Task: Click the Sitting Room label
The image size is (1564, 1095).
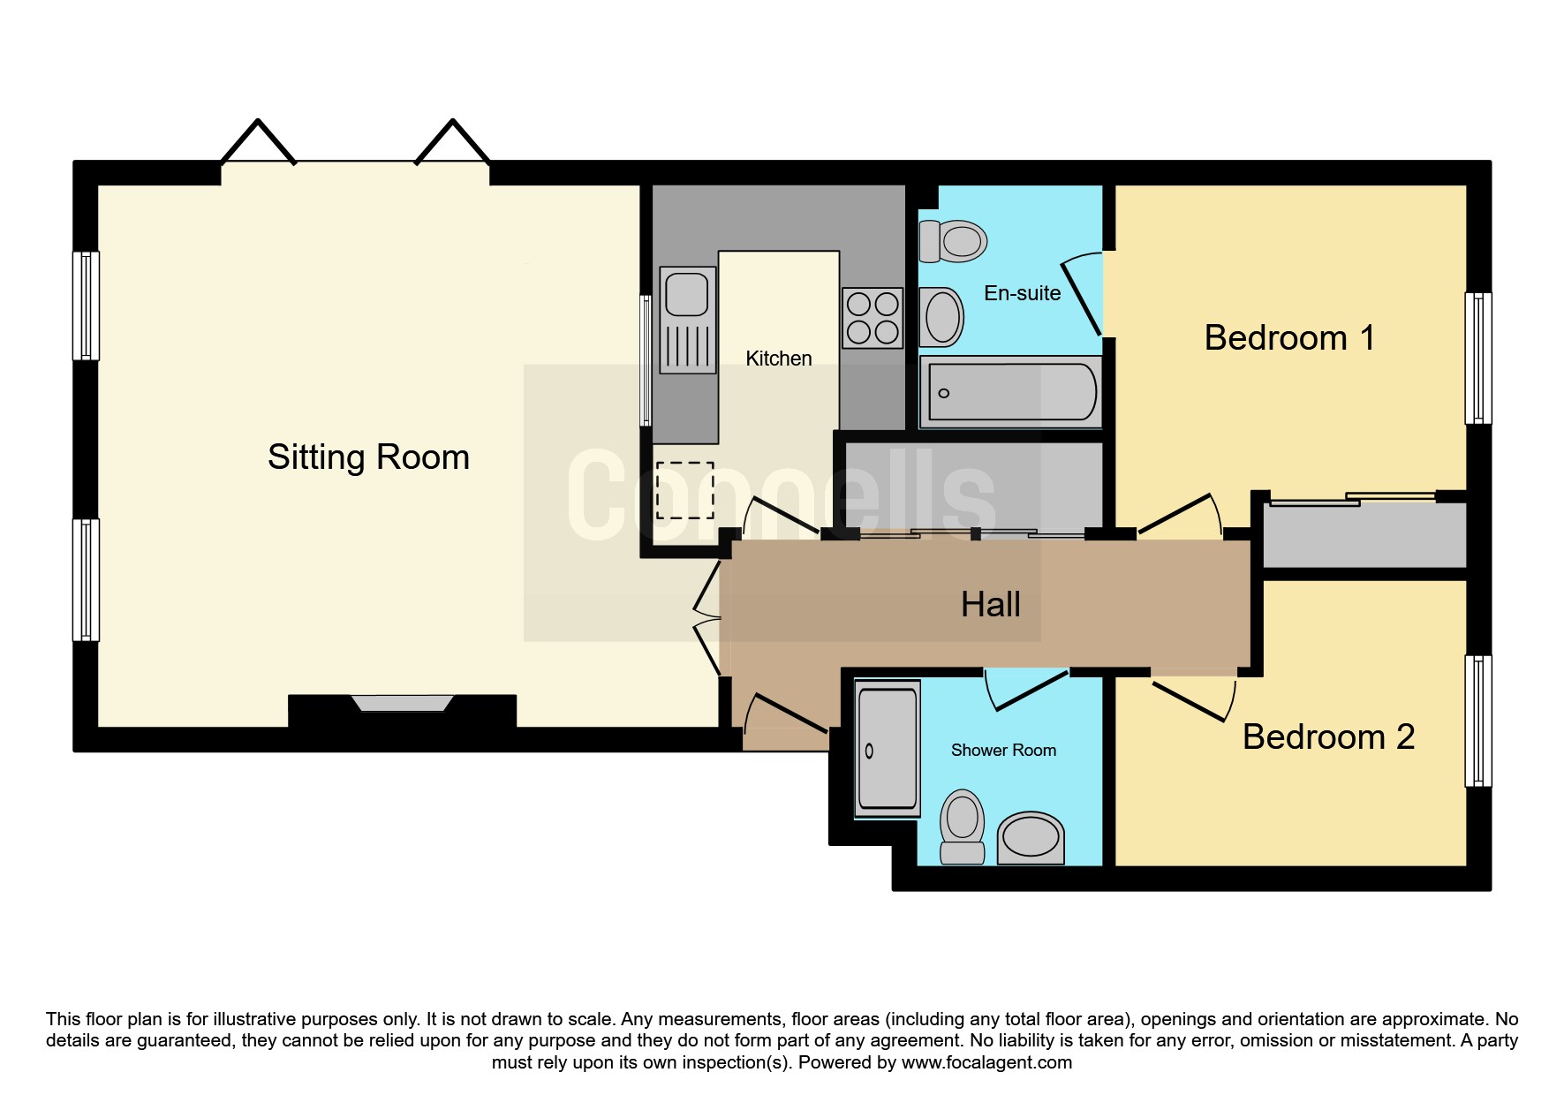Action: [x=368, y=457]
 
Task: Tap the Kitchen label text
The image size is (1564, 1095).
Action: [x=778, y=359]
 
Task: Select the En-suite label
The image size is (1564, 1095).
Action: [x=1022, y=293]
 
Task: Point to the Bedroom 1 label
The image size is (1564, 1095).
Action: [x=1289, y=337]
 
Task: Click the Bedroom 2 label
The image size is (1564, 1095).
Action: [x=1328, y=736]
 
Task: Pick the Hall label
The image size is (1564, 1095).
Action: [x=990, y=605]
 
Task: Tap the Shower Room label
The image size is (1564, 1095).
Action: [x=1003, y=750]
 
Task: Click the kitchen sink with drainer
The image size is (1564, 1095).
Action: [x=688, y=320]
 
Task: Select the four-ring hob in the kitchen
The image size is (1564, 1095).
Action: [x=873, y=318]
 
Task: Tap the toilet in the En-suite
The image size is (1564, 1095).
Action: [x=952, y=241]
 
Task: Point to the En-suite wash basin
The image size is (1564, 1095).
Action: [x=941, y=317]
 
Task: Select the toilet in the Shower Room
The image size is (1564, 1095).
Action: [x=962, y=827]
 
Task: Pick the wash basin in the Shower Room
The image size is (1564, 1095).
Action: [x=1031, y=838]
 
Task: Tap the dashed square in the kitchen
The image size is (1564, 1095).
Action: [x=684, y=490]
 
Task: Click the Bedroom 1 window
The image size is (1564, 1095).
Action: [x=1478, y=359]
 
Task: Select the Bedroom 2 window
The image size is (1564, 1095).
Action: [x=1478, y=721]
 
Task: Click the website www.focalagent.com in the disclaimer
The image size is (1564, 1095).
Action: [x=986, y=1062]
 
